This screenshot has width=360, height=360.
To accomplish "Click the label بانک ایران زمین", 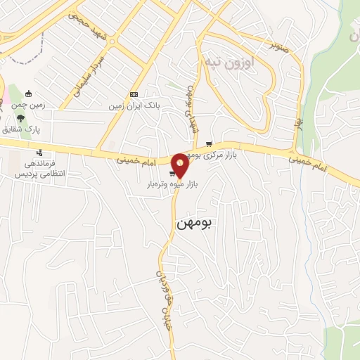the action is click(x=134, y=106).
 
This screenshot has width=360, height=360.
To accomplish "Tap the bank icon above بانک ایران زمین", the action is click(x=134, y=94).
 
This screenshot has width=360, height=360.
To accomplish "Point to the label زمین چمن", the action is click(x=28, y=106).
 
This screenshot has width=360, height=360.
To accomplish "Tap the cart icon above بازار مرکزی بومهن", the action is click(x=208, y=143).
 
